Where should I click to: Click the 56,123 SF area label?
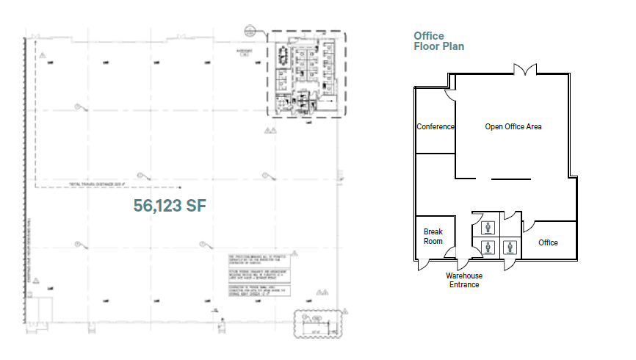pyautogui.click(x=169, y=206)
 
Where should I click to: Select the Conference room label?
pyautogui.click(x=436, y=126)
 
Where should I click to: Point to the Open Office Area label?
pyautogui.click(x=513, y=126)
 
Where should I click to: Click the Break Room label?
pyautogui.click(x=433, y=236)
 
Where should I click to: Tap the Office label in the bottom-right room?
pyautogui.click(x=548, y=242)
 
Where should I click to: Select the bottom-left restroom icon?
pyautogui.click(x=485, y=247)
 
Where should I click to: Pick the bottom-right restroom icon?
pyautogui.click(x=508, y=247)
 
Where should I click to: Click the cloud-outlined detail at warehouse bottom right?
pyautogui.click(x=317, y=323)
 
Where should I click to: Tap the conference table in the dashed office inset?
pyautogui.click(x=285, y=54)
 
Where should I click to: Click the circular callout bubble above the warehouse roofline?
pyautogui.click(x=250, y=30)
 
